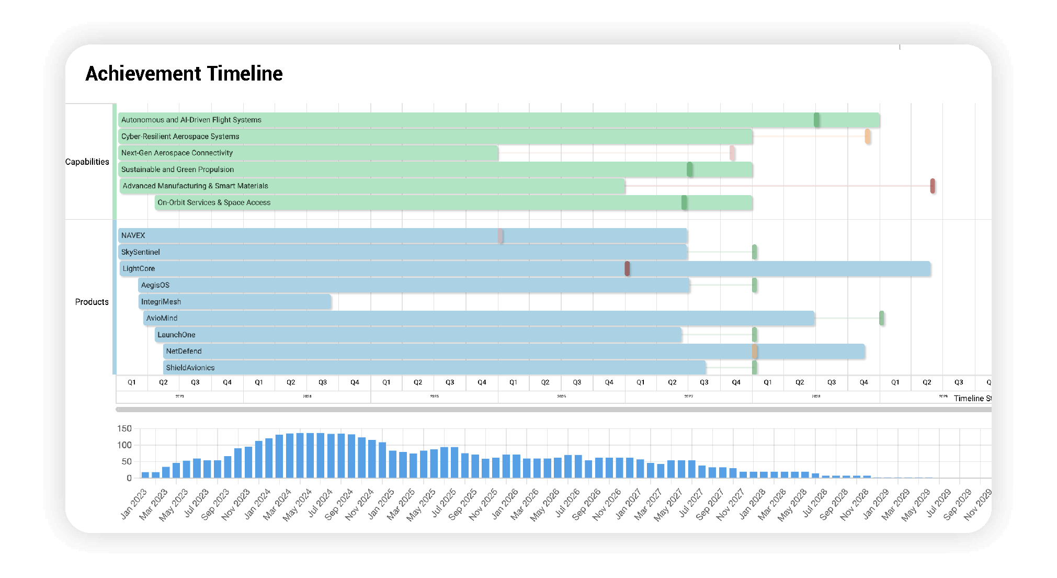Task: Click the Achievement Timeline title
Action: click(184, 74)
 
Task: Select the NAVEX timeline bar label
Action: click(133, 235)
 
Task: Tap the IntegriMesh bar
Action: click(235, 302)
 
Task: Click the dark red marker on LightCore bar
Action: click(627, 269)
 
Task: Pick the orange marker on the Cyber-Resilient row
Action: click(868, 137)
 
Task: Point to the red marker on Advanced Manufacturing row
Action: click(933, 186)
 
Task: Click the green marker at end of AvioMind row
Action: click(882, 318)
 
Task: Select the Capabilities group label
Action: click(87, 162)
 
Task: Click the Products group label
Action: click(92, 302)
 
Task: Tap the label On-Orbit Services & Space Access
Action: click(214, 202)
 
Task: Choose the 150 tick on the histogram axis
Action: click(124, 428)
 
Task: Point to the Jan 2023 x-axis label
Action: click(134, 504)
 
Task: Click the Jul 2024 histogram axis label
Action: click(320, 503)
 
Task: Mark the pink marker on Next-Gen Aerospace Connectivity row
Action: click(732, 153)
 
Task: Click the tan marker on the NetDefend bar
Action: click(755, 352)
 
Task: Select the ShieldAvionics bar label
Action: click(190, 368)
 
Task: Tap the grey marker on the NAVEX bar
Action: click(501, 236)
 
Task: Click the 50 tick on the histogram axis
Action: click(126, 461)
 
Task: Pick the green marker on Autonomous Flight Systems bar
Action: click(816, 120)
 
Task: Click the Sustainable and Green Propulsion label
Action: click(177, 169)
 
